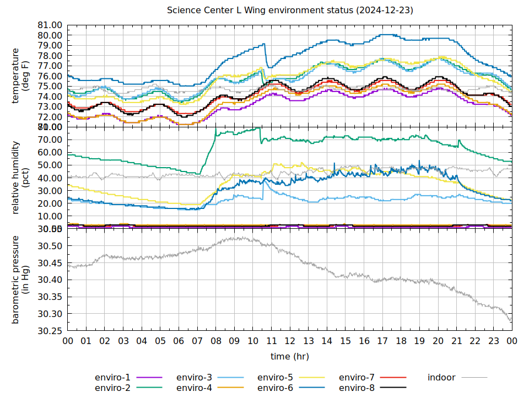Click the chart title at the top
click(x=290, y=10)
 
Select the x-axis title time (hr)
click(x=290, y=357)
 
